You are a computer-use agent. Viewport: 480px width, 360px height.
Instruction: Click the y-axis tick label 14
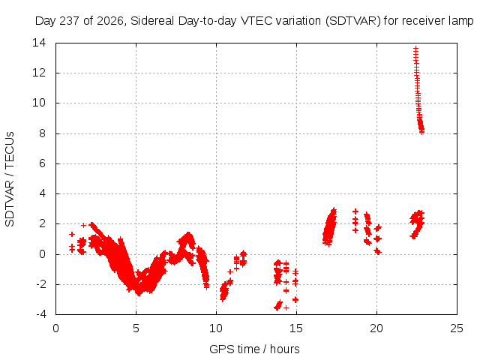click(39, 43)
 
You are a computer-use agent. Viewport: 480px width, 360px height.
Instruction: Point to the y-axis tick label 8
click(42, 133)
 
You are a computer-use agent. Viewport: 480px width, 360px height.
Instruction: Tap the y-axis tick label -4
click(41, 314)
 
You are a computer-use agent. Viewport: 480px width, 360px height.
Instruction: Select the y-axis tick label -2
click(41, 284)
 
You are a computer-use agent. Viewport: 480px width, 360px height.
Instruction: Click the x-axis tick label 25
click(457, 328)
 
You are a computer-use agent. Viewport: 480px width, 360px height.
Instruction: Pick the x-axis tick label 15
click(296, 328)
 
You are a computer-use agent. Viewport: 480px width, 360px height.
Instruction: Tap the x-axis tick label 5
click(136, 328)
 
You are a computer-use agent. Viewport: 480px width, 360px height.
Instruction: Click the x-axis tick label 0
click(55, 328)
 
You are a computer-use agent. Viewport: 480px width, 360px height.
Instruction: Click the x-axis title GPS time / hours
click(254, 349)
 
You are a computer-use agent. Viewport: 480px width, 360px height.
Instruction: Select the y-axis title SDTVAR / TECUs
click(10, 179)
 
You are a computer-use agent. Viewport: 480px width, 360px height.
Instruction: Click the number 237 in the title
click(70, 21)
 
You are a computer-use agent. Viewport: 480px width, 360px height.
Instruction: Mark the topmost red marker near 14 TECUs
click(415, 48)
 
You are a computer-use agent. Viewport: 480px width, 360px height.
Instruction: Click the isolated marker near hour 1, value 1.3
click(72, 234)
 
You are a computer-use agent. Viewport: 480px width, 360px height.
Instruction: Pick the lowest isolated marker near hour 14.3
click(286, 307)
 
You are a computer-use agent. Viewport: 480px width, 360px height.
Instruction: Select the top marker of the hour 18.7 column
click(355, 211)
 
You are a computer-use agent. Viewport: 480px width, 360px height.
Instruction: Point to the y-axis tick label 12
click(39, 73)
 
